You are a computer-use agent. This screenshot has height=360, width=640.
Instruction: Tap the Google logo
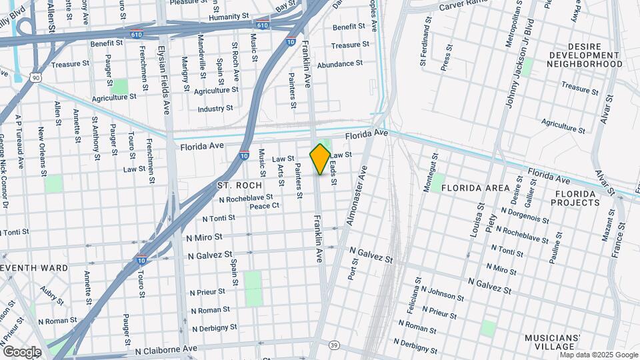21,352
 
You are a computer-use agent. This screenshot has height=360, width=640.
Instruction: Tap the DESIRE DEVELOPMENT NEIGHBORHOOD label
585,59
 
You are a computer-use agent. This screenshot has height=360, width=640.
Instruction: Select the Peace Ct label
264,206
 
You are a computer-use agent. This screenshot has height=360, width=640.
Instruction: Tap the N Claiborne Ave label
166,349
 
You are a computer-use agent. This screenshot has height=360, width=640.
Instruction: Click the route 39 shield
333,345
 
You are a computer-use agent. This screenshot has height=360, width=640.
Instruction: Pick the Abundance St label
339,64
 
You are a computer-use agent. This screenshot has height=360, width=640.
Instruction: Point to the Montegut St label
431,173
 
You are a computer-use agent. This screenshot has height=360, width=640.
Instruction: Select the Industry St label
215,108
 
